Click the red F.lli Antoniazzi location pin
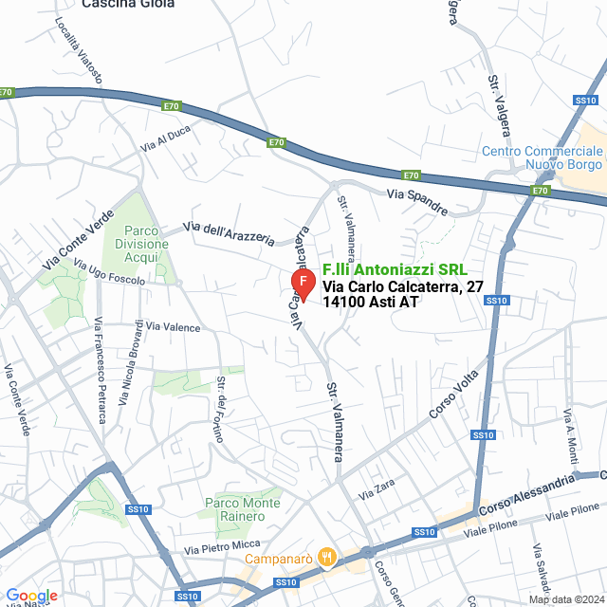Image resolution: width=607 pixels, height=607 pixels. (x=302, y=283)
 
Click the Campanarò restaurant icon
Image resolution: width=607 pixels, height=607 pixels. (x=327, y=557)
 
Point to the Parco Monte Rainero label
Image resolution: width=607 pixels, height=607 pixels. (x=242, y=509)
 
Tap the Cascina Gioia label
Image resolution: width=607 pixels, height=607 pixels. (x=128, y=5)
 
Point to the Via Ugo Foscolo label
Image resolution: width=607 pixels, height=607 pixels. (x=109, y=273)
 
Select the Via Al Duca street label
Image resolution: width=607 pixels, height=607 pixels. (x=166, y=139)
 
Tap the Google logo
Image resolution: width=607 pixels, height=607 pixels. (x=31, y=595)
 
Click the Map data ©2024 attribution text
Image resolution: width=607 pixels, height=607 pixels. (x=565, y=599)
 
